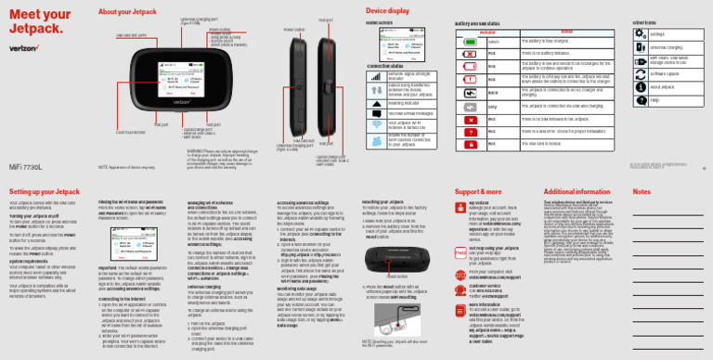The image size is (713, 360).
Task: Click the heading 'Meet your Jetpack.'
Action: coord(33,23)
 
